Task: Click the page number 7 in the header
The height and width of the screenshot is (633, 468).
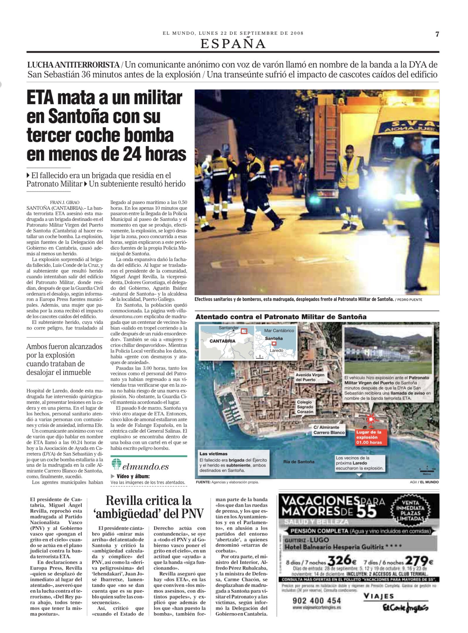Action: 437,34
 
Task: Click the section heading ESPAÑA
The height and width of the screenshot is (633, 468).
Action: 233,44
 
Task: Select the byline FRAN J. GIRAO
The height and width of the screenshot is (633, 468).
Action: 65,202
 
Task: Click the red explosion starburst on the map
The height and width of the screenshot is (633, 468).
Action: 371,418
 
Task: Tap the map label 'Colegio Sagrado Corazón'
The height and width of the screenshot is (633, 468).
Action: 305,407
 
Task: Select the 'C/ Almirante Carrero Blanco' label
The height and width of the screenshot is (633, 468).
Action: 328,430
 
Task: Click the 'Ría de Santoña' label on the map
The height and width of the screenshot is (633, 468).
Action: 299,462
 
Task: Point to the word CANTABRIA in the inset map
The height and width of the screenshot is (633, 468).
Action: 222,341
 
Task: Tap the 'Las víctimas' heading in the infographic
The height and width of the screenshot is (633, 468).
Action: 213,454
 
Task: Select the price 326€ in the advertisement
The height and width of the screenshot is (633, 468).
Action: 342,560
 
